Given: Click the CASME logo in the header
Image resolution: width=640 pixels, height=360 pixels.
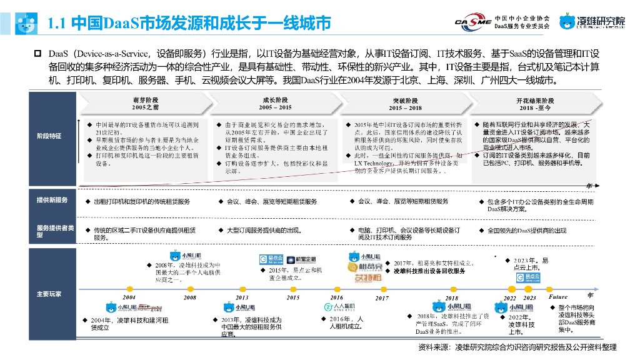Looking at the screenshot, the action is pos(472,22).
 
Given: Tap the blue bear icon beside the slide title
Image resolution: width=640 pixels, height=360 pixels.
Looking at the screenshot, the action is pos(26,23).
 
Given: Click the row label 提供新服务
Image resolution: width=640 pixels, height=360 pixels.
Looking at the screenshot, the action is pos(52,200).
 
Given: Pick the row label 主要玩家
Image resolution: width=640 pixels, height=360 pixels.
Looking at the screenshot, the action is pos(49,294).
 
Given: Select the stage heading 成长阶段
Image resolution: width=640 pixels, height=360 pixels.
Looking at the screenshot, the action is pos(275,100).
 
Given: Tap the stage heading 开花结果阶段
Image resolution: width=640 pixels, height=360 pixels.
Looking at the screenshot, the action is pos(535,100).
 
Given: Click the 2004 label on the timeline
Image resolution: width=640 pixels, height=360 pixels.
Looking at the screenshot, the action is pos(129,297).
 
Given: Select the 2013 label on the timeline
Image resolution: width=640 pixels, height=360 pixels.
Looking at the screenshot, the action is pos(242,297).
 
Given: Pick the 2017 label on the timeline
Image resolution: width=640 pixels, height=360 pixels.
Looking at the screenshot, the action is pos(382,298).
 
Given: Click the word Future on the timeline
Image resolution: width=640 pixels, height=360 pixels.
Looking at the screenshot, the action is pos(558,297).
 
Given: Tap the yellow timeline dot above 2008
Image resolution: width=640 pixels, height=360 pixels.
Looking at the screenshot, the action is pos(190,291).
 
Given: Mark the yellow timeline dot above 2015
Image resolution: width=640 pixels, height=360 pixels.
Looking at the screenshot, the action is pos(292,291).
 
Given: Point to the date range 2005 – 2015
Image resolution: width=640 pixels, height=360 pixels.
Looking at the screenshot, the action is pos(275,107).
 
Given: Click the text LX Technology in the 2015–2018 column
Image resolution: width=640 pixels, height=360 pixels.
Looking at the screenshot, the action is pos(373,163).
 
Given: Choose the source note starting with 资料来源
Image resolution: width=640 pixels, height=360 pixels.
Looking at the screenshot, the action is pos(517,347).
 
